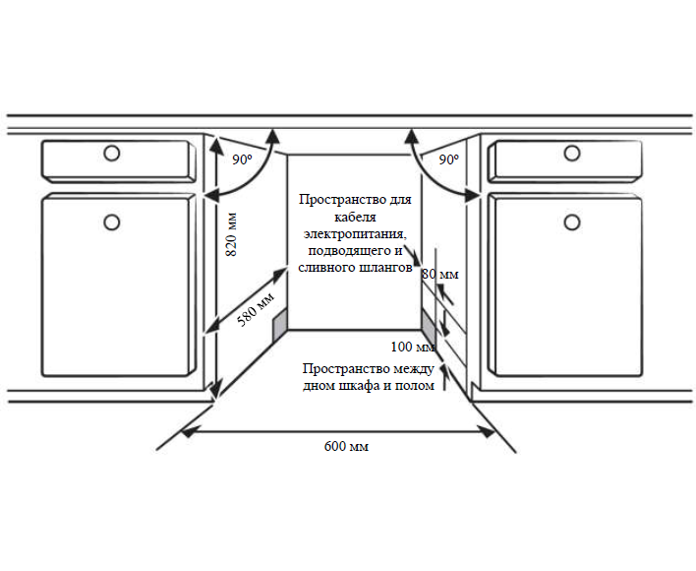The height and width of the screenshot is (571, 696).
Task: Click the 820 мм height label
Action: pos(231,234)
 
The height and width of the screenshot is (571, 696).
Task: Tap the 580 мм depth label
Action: pos(256,309)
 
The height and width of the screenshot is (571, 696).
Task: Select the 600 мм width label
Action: pos(346,446)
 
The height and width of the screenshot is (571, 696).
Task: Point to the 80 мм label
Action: pos(439,274)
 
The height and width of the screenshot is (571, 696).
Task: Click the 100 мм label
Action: pos(412,347)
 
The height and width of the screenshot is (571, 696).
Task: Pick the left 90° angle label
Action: pos(242,159)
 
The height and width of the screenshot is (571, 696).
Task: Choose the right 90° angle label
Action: pos(448,159)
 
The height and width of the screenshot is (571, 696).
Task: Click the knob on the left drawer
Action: pos(112,154)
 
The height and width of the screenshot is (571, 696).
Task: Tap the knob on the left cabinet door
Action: pos(112,222)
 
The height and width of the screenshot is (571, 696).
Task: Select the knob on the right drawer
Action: pos(572,154)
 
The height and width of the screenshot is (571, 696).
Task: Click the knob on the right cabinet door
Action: pos(572,222)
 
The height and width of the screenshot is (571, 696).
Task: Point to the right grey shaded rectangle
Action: pos(429,327)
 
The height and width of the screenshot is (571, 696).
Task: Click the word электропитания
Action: pos(354,233)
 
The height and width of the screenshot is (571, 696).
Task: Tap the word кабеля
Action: pos(355,217)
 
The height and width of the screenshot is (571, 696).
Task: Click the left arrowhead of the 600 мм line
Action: pos(188,431)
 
